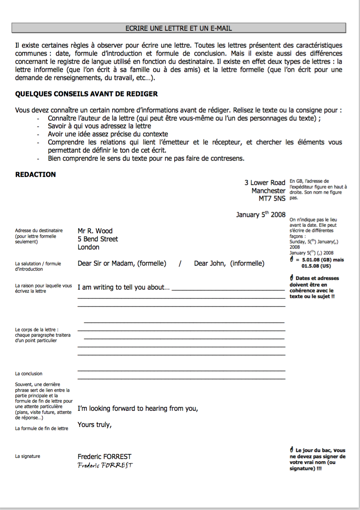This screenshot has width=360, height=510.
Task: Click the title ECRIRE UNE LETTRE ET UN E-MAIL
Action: [178, 28]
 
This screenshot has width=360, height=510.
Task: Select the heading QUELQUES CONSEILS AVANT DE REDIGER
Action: [86, 94]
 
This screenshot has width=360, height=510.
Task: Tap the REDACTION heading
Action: [35, 174]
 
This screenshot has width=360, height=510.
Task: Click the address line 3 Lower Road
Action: [264, 182]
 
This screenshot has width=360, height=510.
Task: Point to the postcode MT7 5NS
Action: [272, 199]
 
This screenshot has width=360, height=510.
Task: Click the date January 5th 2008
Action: [261, 214]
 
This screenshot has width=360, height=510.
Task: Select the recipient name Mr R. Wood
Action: [95, 231]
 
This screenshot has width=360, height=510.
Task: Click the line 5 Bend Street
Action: [98, 239]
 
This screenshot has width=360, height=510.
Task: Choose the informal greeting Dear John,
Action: [210, 263]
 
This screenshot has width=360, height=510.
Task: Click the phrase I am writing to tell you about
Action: [123, 287]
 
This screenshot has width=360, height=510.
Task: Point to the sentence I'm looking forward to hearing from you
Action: [138, 409]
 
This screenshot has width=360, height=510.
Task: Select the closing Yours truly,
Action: [94, 425]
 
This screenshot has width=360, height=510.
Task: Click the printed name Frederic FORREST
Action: [104, 456]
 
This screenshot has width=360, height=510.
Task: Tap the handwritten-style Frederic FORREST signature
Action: [105, 465]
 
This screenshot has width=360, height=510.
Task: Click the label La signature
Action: [27, 456]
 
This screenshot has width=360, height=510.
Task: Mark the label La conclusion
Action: [29, 374]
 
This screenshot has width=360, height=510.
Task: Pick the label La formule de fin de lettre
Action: [41, 429]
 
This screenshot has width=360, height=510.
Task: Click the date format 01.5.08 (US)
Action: [316, 266]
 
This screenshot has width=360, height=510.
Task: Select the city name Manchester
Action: [268, 191]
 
